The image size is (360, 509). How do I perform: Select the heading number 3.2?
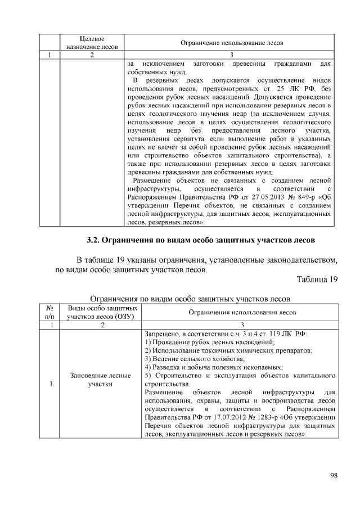(94, 240)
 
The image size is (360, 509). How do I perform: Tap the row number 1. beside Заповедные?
(52, 384)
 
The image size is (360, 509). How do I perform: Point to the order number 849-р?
(303, 205)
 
